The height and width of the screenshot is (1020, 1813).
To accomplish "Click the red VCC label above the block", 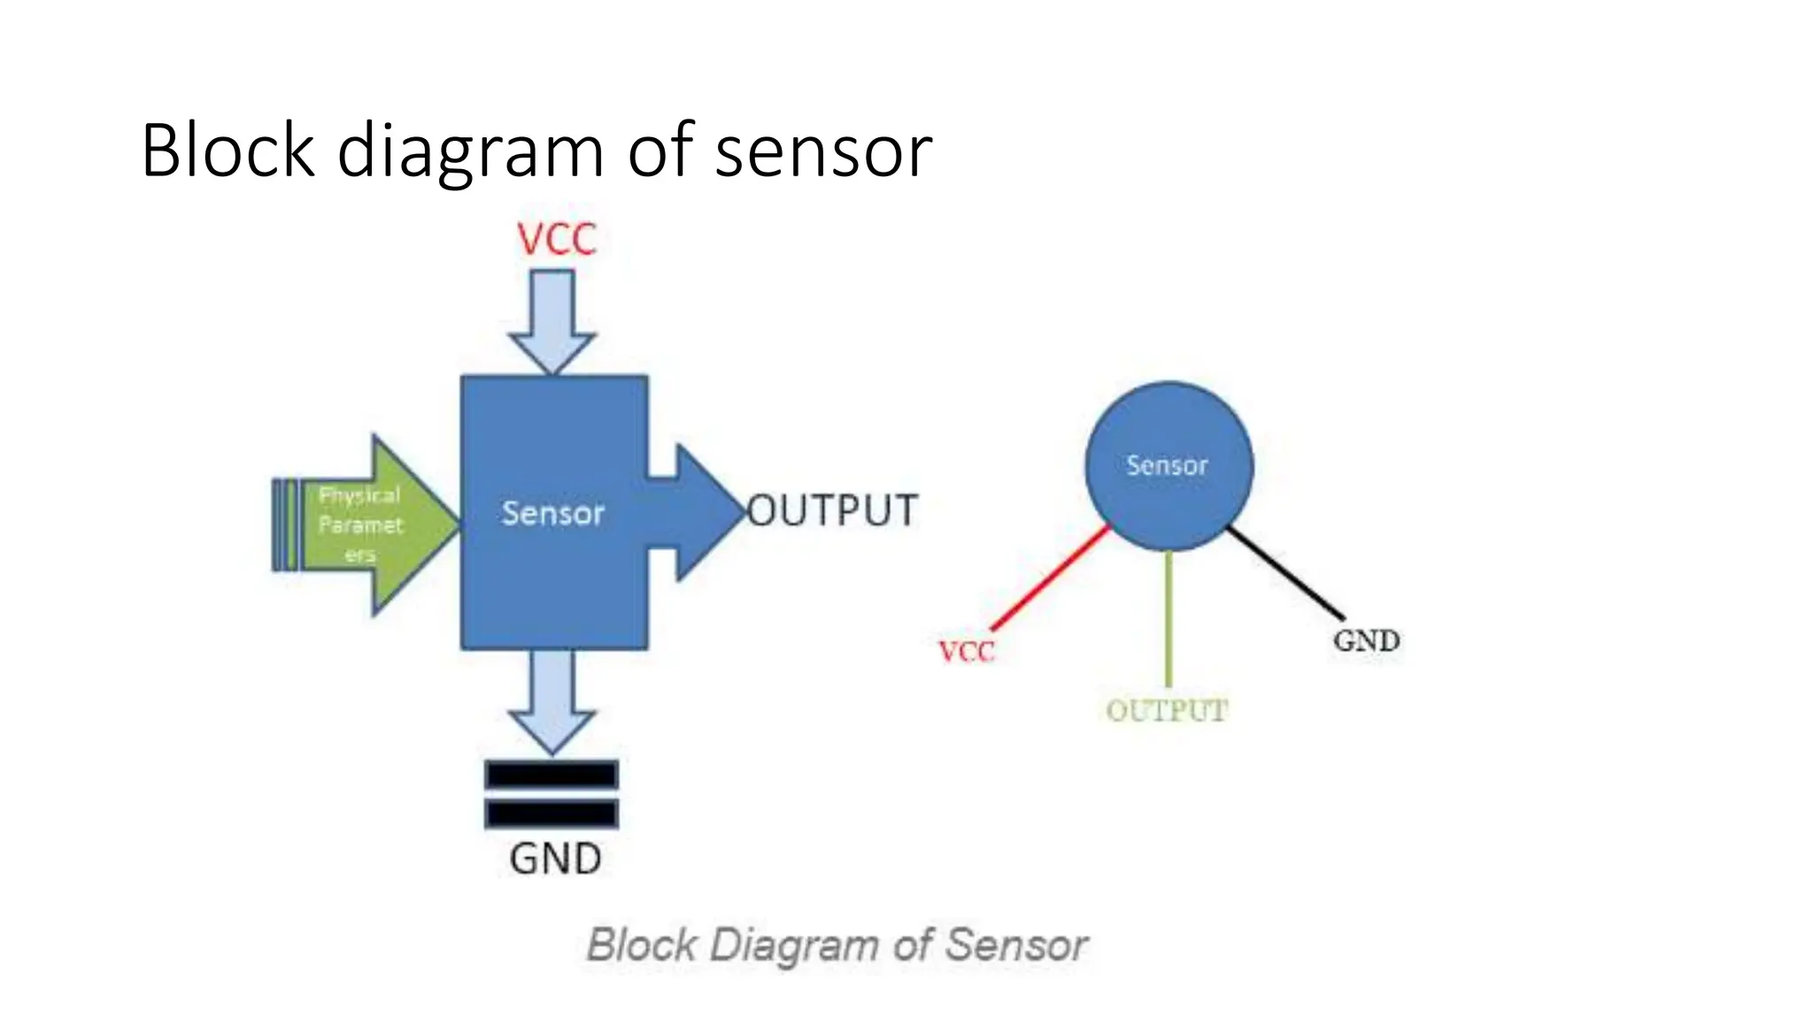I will (557, 240).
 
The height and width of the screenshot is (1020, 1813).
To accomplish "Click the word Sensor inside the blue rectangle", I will (552, 514).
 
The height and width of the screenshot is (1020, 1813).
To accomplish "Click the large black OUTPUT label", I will (832, 511).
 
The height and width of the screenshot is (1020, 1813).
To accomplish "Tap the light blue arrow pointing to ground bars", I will (552, 700).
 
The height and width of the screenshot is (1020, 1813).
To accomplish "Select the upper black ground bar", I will (552, 775).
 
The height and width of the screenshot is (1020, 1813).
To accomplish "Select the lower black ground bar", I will (552, 813).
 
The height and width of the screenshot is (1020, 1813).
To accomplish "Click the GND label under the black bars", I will (555, 859).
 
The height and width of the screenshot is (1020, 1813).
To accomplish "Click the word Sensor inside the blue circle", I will (1167, 466).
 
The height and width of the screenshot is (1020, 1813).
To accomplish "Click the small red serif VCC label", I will (967, 653).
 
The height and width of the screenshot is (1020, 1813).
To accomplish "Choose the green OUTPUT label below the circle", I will (1167, 710).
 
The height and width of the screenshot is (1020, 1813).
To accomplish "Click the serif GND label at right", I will (1366, 641).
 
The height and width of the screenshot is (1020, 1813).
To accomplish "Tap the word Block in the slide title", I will (228, 151).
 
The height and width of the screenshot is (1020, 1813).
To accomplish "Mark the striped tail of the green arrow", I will (285, 524).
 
